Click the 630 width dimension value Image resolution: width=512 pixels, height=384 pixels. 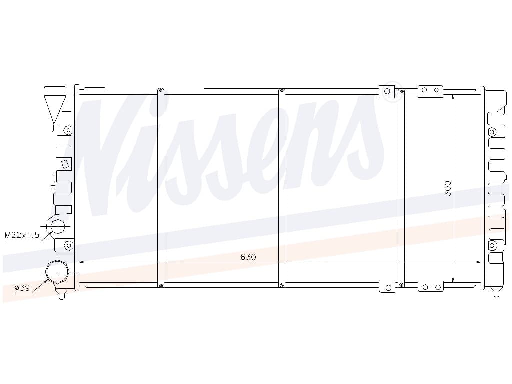pos(248,257)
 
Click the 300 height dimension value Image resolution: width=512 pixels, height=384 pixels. pos(448,188)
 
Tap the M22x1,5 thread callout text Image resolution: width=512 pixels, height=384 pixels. pos(22,235)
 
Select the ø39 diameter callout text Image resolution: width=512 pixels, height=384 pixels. pos(22,288)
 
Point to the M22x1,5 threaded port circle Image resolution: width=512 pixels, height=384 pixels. pos(58,226)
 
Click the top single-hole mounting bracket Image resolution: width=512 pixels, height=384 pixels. pos(387,92)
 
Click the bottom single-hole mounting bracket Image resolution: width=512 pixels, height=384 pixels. pos(387,286)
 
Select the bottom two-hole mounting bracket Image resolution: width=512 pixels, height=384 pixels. pos(431,286)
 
